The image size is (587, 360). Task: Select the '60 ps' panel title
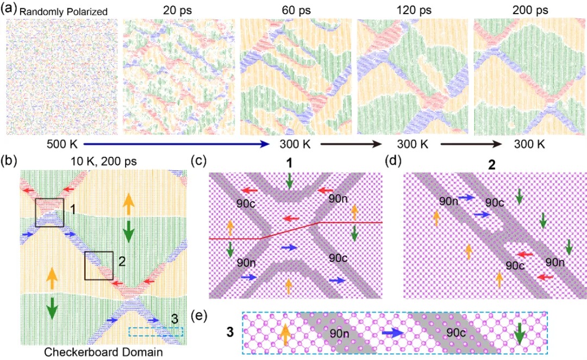point(292,11)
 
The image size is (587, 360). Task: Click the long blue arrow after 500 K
point(174,145)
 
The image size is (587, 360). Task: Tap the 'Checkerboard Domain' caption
point(102,351)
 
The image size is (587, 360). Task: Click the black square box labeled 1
point(49,213)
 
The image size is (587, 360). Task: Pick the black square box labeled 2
point(99,265)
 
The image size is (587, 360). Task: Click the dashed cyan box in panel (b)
point(156,331)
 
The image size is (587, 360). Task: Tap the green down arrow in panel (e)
point(521,333)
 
